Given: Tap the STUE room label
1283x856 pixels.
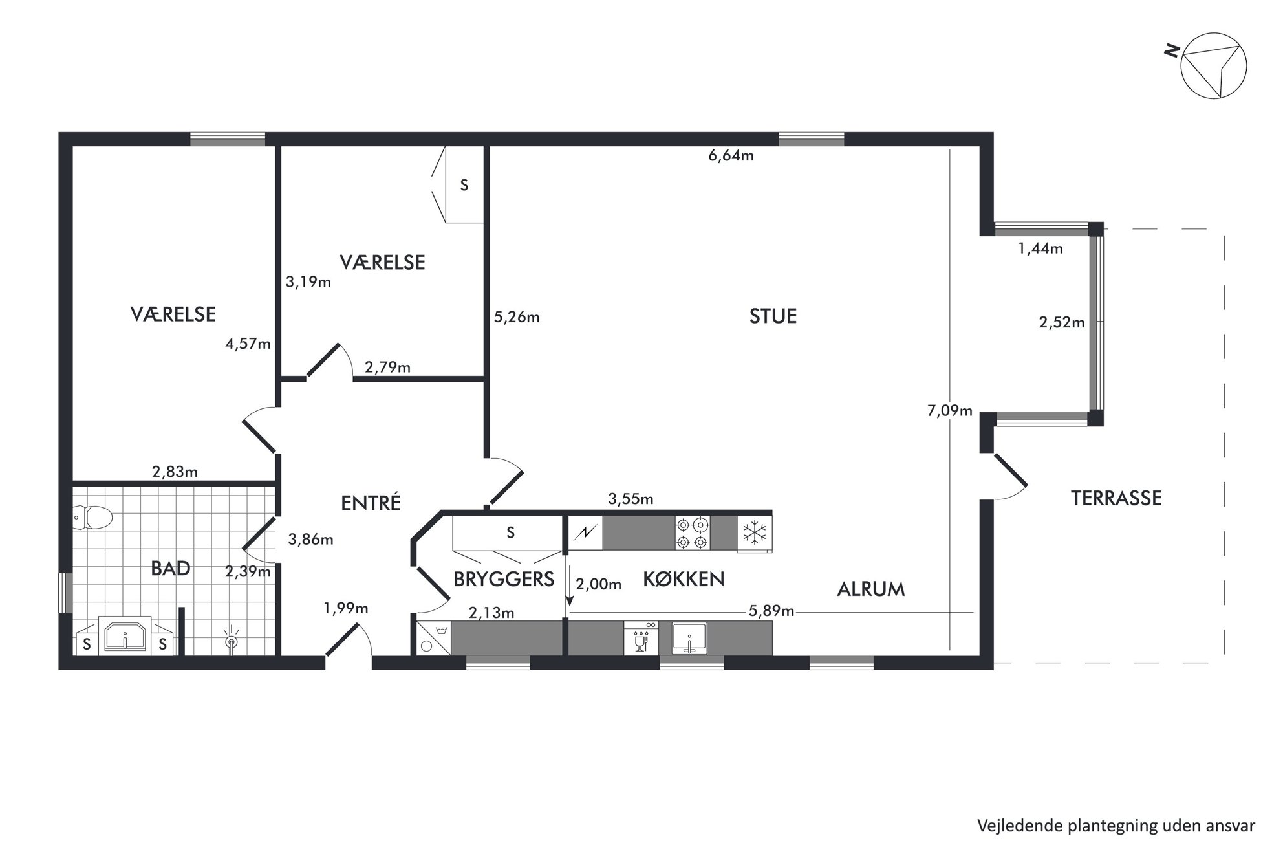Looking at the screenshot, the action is coord(773,316).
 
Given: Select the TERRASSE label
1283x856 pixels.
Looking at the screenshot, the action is coord(1116,498).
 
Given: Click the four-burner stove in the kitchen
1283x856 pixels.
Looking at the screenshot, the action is coord(693,533).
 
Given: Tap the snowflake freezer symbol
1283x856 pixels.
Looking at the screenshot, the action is coord(754,533).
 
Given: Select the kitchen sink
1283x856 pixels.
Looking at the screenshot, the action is coord(690,638).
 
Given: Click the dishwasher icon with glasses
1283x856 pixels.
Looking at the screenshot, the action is coord(641,638).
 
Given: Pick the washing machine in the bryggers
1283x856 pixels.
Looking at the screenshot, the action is coord(432,638).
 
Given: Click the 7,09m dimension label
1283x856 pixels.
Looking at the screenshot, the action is coord(949,411).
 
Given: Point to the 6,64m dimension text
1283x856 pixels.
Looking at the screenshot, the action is coord(731,156).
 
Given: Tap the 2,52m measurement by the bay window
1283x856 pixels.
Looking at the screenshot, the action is coord(1062,322).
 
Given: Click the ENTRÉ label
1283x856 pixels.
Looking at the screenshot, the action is coord(371,503).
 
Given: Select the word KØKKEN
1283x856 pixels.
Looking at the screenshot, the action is coord(684,579).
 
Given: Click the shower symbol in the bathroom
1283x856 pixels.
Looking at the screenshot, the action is coord(231,639).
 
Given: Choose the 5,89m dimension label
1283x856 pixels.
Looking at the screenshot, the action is coord(771,611).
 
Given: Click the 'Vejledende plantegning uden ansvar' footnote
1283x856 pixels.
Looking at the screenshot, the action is coord(1116,826).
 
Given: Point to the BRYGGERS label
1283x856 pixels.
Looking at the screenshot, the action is coord(504,579).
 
